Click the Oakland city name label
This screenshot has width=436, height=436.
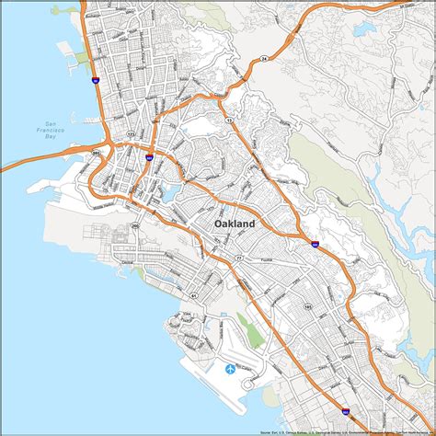point(235,224)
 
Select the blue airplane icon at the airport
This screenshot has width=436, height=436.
point(230,369)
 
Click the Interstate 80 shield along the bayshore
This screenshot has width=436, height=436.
point(97,81)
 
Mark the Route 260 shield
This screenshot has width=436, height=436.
point(134,225)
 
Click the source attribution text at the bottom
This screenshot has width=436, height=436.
point(340,430)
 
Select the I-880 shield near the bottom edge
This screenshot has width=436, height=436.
point(345,412)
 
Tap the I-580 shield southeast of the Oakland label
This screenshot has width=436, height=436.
point(315,245)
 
